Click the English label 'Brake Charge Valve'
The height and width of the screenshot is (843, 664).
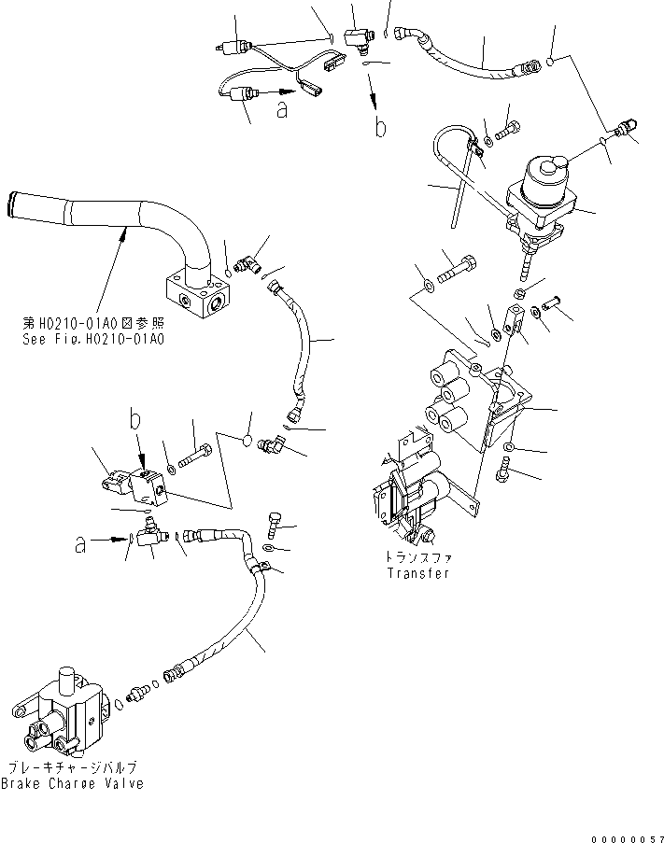point(73,783)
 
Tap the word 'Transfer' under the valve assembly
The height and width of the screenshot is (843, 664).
point(418,573)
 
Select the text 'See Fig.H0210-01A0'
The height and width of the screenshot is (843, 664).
point(93,339)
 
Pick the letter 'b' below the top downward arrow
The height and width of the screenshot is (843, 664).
point(380,128)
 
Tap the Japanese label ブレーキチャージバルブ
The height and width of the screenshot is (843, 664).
point(73,768)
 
